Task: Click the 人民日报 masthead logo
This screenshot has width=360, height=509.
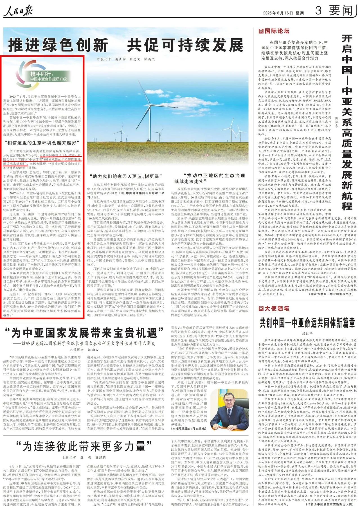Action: [x=18, y=11]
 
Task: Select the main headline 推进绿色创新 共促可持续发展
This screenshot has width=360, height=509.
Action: [x=126, y=45]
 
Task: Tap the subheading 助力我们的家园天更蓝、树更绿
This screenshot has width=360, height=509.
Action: [x=126, y=176]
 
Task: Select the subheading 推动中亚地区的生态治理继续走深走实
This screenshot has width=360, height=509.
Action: [x=210, y=178]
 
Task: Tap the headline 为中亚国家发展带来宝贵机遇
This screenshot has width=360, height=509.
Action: [x=84, y=333]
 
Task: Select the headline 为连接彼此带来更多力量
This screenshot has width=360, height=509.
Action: [x=84, y=446]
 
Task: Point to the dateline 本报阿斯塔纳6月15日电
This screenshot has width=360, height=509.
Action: [x=188, y=429]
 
